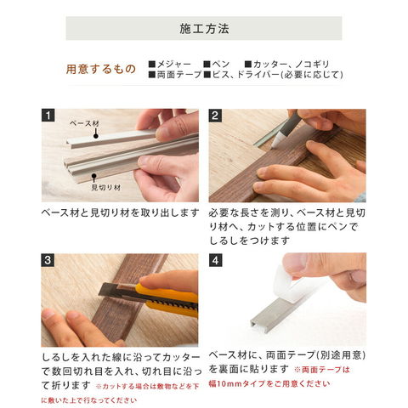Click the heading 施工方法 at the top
pyautogui.click(x=204, y=29)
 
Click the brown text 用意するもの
pyautogui.click(x=101, y=69)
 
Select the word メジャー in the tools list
pyautogui.click(x=174, y=65)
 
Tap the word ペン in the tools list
pyautogui.click(x=220, y=65)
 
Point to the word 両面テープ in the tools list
pyautogui.click(x=179, y=75)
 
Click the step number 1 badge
pyautogui.click(x=48, y=116)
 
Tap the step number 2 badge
pyautogui.click(x=215, y=116)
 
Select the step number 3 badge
pyautogui.click(x=48, y=260)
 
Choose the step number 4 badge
pyautogui.click(x=215, y=260)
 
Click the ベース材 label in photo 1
pyautogui.click(x=84, y=123)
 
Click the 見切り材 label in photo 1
pyautogui.click(x=106, y=187)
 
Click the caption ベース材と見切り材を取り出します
pyautogui.click(x=120, y=212)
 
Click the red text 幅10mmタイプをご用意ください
pyautogui.click(x=269, y=383)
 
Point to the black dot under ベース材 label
pyautogui.click(x=96, y=136)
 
